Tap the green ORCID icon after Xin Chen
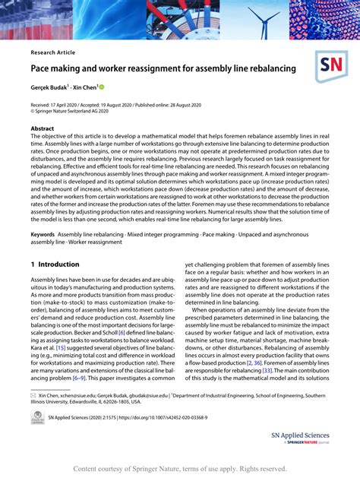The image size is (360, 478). coord(102,87)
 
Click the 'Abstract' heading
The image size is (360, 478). coord(43,129)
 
